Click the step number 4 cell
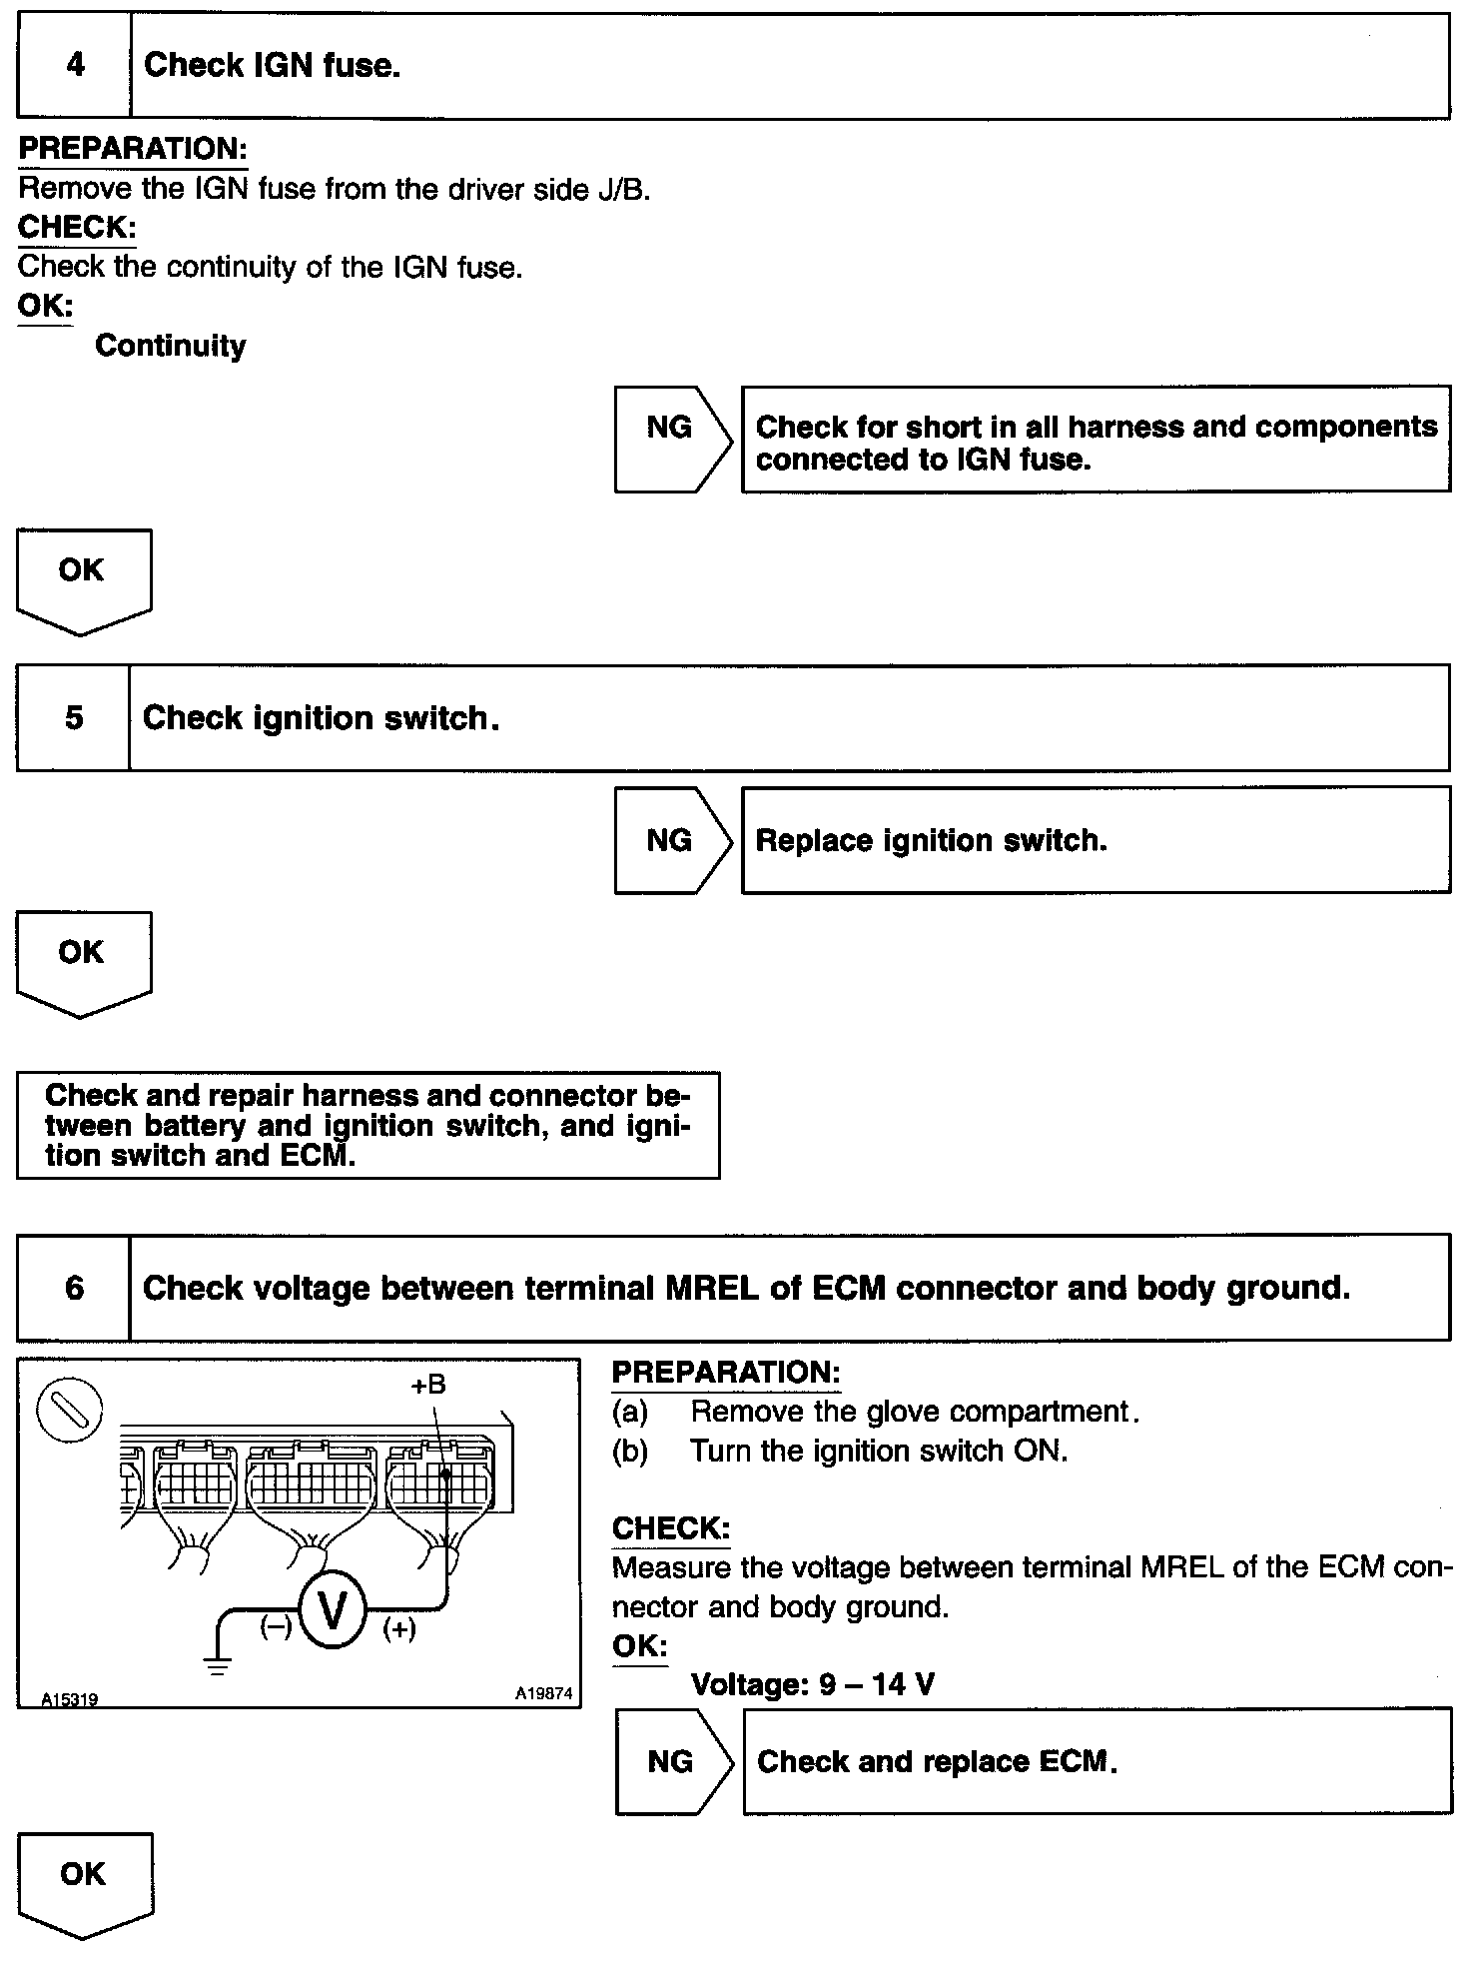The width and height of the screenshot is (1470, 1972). click(x=74, y=66)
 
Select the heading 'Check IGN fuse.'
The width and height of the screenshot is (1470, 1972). click(x=272, y=66)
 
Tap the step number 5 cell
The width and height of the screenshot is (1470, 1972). click(x=74, y=718)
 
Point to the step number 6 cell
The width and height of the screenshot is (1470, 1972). click(x=74, y=1288)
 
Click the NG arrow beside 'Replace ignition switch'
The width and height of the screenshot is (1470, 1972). click(x=671, y=840)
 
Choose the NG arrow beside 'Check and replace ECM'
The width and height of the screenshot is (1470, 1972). click(x=672, y=1761)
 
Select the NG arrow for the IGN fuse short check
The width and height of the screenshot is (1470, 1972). click(x=671, y=439)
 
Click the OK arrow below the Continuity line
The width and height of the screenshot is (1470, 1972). click(x=83, y=578)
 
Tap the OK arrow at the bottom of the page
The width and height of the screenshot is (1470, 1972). click(x=84, y=1882)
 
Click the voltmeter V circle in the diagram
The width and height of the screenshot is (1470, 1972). click(x=333, y=1610)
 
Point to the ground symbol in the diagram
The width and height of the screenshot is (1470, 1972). click(x=218, y=1664)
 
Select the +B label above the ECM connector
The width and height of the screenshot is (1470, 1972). click(x=427, y=1386)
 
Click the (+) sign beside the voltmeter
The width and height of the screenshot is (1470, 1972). click(x=399, y=1629)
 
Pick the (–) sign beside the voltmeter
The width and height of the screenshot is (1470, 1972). click(x=276, y=1627)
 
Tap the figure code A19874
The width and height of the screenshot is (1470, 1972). click(x=543, y=1693)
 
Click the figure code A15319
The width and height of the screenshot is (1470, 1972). click(x=70, y=1698)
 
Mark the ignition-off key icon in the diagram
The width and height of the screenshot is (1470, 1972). click(x=70, y=1410)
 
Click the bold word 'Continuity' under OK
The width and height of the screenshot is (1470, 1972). click(x=171, y=347)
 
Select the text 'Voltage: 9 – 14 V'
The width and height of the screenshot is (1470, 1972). click(x=812, y=1685)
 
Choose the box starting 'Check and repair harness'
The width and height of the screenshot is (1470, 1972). click(x=367, y=1125)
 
